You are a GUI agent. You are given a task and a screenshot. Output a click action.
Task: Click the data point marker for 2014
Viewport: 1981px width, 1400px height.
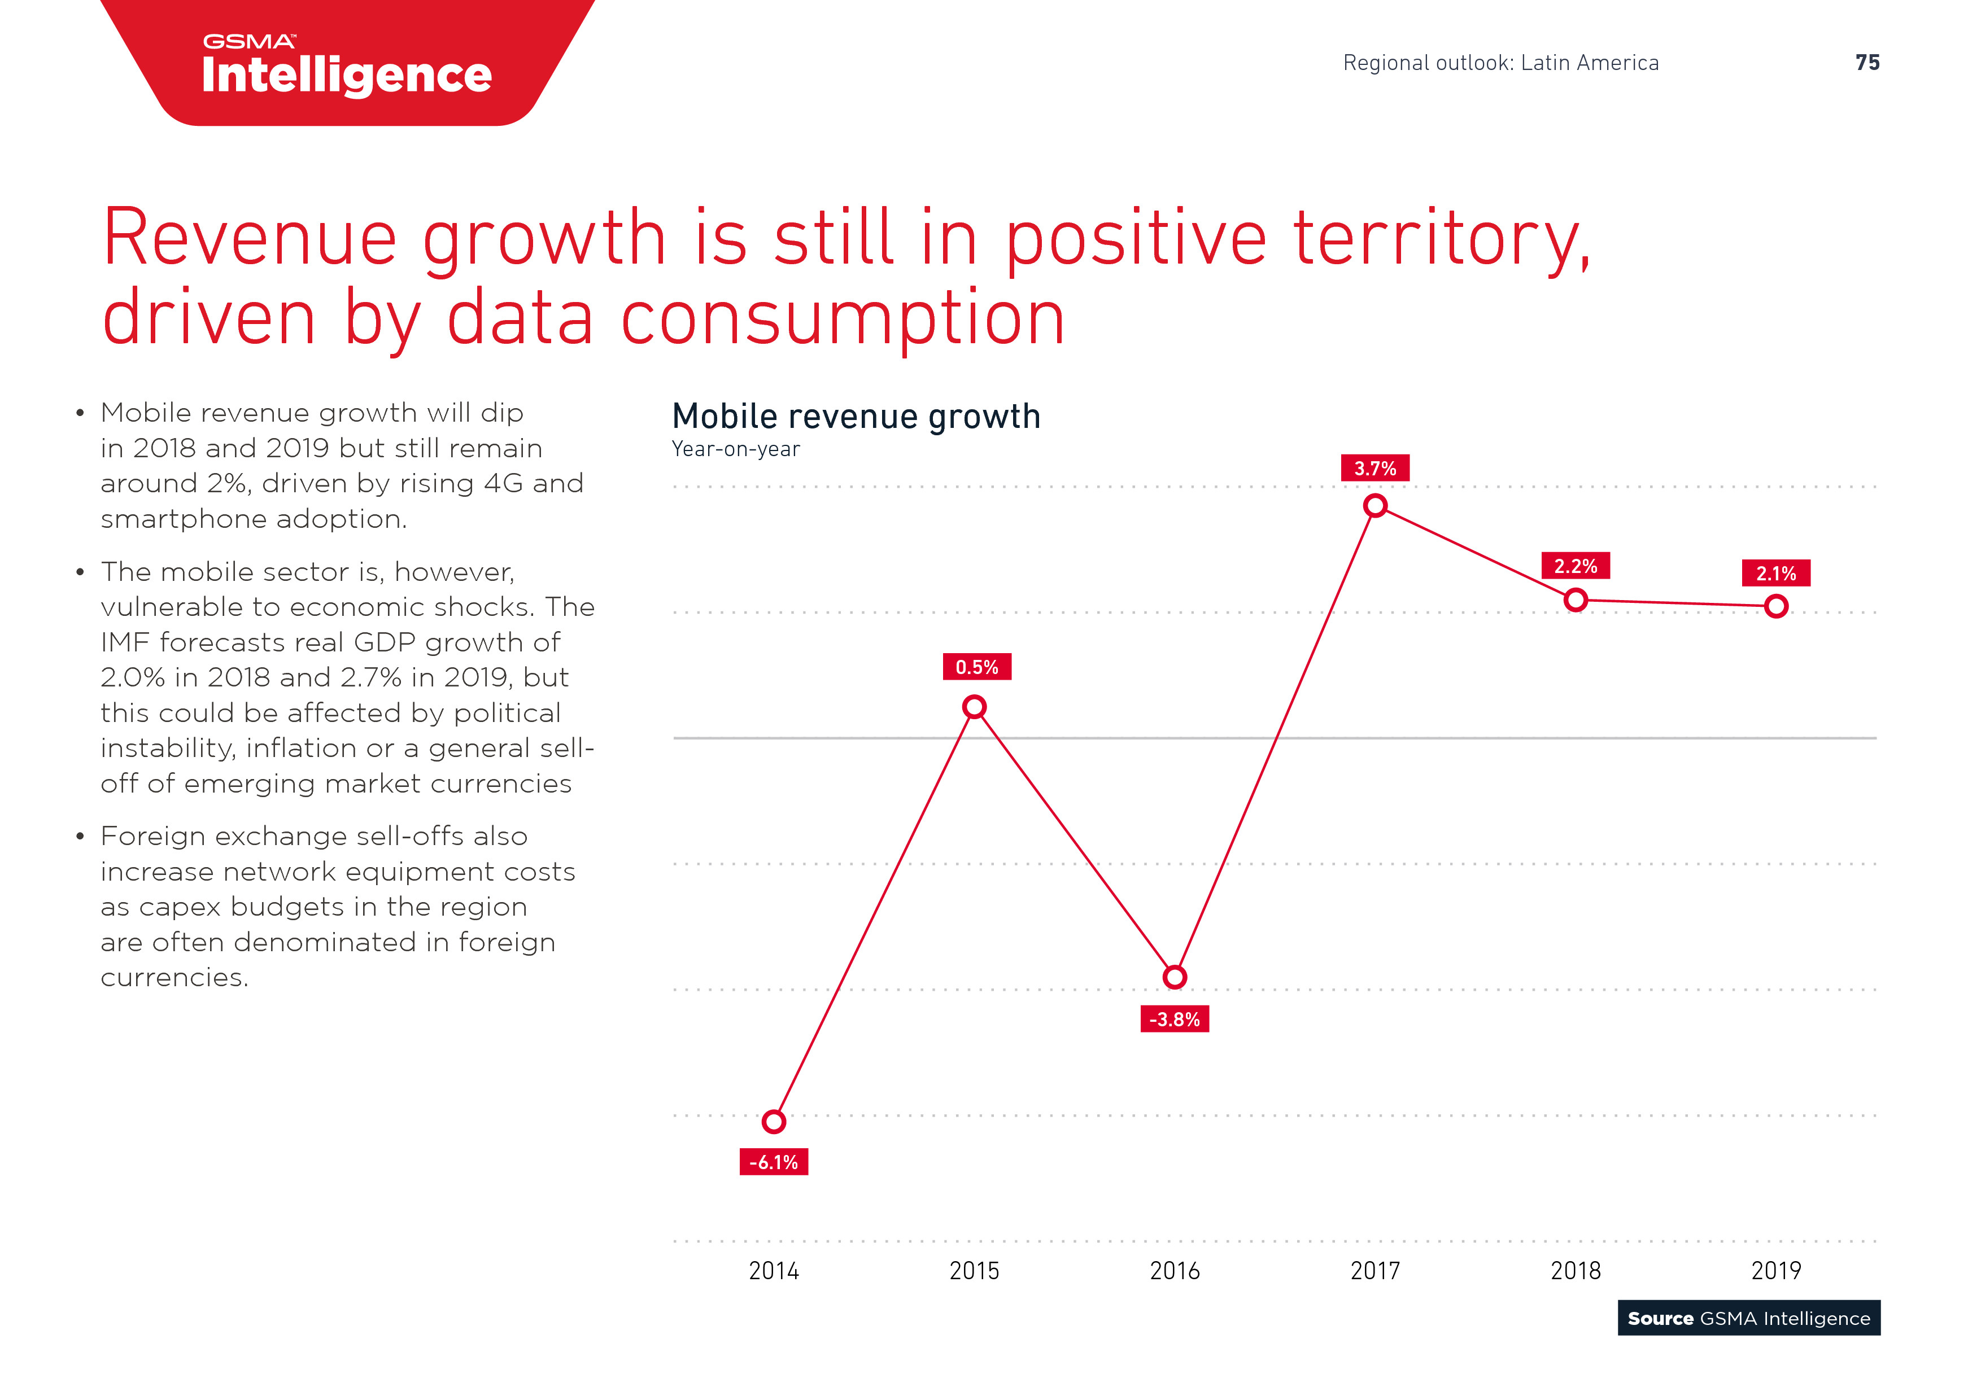coord(774,1121)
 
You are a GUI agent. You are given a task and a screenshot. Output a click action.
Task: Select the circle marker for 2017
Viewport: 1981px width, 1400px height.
coord(1375,505)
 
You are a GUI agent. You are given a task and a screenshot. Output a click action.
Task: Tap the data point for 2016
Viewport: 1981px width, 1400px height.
coord(1174,977)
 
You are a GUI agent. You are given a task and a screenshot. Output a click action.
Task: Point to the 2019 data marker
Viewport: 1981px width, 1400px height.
coord(1775,606)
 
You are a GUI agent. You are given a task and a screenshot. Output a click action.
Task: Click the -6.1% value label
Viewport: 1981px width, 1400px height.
coord(774,1162)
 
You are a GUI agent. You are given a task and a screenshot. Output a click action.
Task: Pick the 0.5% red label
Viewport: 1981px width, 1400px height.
coord(977,667)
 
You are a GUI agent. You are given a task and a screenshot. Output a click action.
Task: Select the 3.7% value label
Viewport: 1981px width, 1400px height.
coord(1375,469)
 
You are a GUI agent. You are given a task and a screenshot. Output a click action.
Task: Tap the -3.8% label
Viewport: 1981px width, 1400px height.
coord(1174,1020)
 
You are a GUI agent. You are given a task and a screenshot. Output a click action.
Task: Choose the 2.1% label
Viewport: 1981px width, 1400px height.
coord(1775,574)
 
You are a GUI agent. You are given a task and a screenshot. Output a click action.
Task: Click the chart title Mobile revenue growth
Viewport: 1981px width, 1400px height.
coord(856,417)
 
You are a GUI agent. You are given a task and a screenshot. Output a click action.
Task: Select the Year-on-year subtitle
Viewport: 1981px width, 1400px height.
coord(736,449)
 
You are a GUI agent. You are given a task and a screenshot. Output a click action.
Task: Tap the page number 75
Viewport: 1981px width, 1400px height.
coord(1867,63)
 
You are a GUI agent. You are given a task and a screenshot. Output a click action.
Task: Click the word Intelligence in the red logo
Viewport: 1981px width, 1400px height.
coord(347,76)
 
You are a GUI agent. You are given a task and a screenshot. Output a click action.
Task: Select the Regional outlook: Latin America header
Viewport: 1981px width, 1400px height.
coord(1500,63)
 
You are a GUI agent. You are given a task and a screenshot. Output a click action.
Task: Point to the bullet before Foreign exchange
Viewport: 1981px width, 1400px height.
coord(80,837)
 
